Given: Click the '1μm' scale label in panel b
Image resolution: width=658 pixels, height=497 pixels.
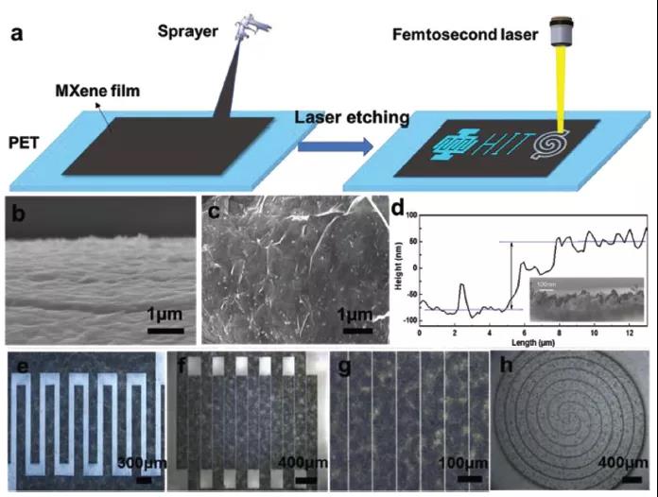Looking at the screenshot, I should coord(164,313).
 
